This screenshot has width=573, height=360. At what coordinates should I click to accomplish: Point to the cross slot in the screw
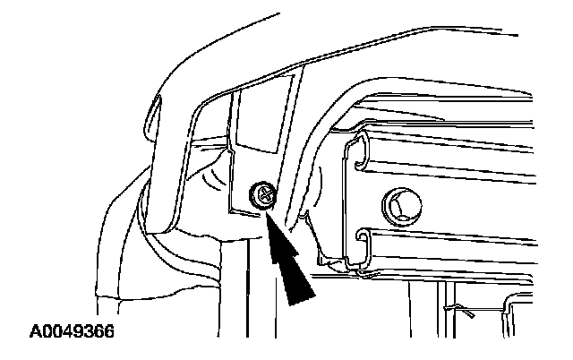click(x=263, y=192)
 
